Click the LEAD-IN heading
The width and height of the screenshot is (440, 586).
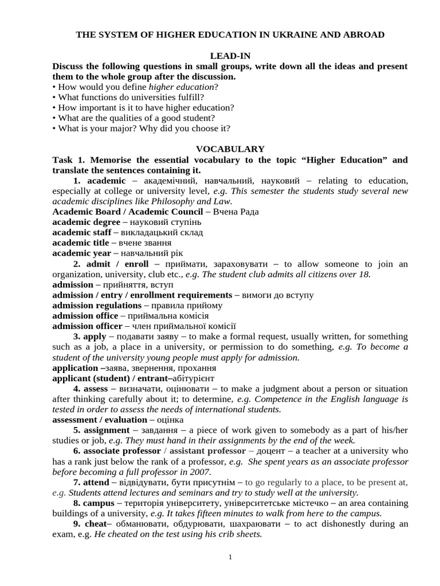[230, 56]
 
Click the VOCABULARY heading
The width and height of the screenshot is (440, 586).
[230, 149]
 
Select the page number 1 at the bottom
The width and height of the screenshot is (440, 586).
[230, 557]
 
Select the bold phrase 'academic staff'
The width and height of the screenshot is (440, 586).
[82, 232]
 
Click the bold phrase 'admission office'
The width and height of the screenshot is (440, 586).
[85, 316]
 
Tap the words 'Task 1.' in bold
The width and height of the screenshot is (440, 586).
[69, 160]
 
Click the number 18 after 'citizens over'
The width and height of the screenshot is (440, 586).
[364, 274]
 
